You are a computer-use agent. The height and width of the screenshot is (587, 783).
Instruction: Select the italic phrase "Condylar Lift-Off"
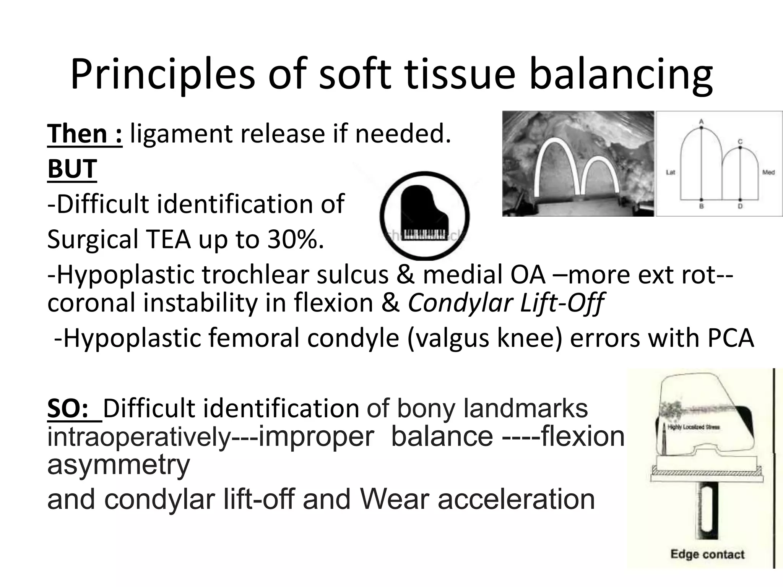[505, 303]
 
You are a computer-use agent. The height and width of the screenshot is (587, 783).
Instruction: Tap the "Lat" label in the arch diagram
[671, 172]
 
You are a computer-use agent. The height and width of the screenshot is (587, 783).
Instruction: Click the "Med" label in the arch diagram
[768, 172]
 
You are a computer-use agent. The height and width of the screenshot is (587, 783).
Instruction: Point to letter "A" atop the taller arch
[701, 122]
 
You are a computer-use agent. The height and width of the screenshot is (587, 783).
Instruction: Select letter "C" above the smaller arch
[740, 142]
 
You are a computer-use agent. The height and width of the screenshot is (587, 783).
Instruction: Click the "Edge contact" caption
[707, 554]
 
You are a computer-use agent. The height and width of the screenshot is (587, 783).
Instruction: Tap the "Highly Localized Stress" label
[694, 427]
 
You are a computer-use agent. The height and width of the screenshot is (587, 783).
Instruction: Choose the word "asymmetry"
[119, 465]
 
